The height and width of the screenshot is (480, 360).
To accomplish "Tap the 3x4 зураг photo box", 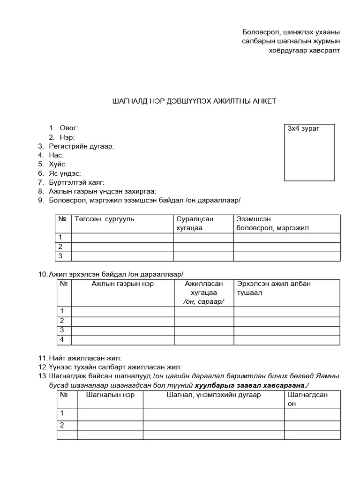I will pyautogui.click(x=311, y=152).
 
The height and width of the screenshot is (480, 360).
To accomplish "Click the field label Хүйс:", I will pyautogui.click(x=58, y=164).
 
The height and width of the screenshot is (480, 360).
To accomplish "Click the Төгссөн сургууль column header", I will pyautogui.click(x=105, y=219).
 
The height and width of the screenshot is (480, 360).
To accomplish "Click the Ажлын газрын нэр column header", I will pyautogui.click(x=123, y=284).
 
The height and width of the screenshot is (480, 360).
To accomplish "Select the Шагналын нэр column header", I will pyautogui.click(x=110, y=395).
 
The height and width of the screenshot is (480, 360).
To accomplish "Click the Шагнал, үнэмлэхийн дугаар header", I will pyautogui.click(x=214, y=395).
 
